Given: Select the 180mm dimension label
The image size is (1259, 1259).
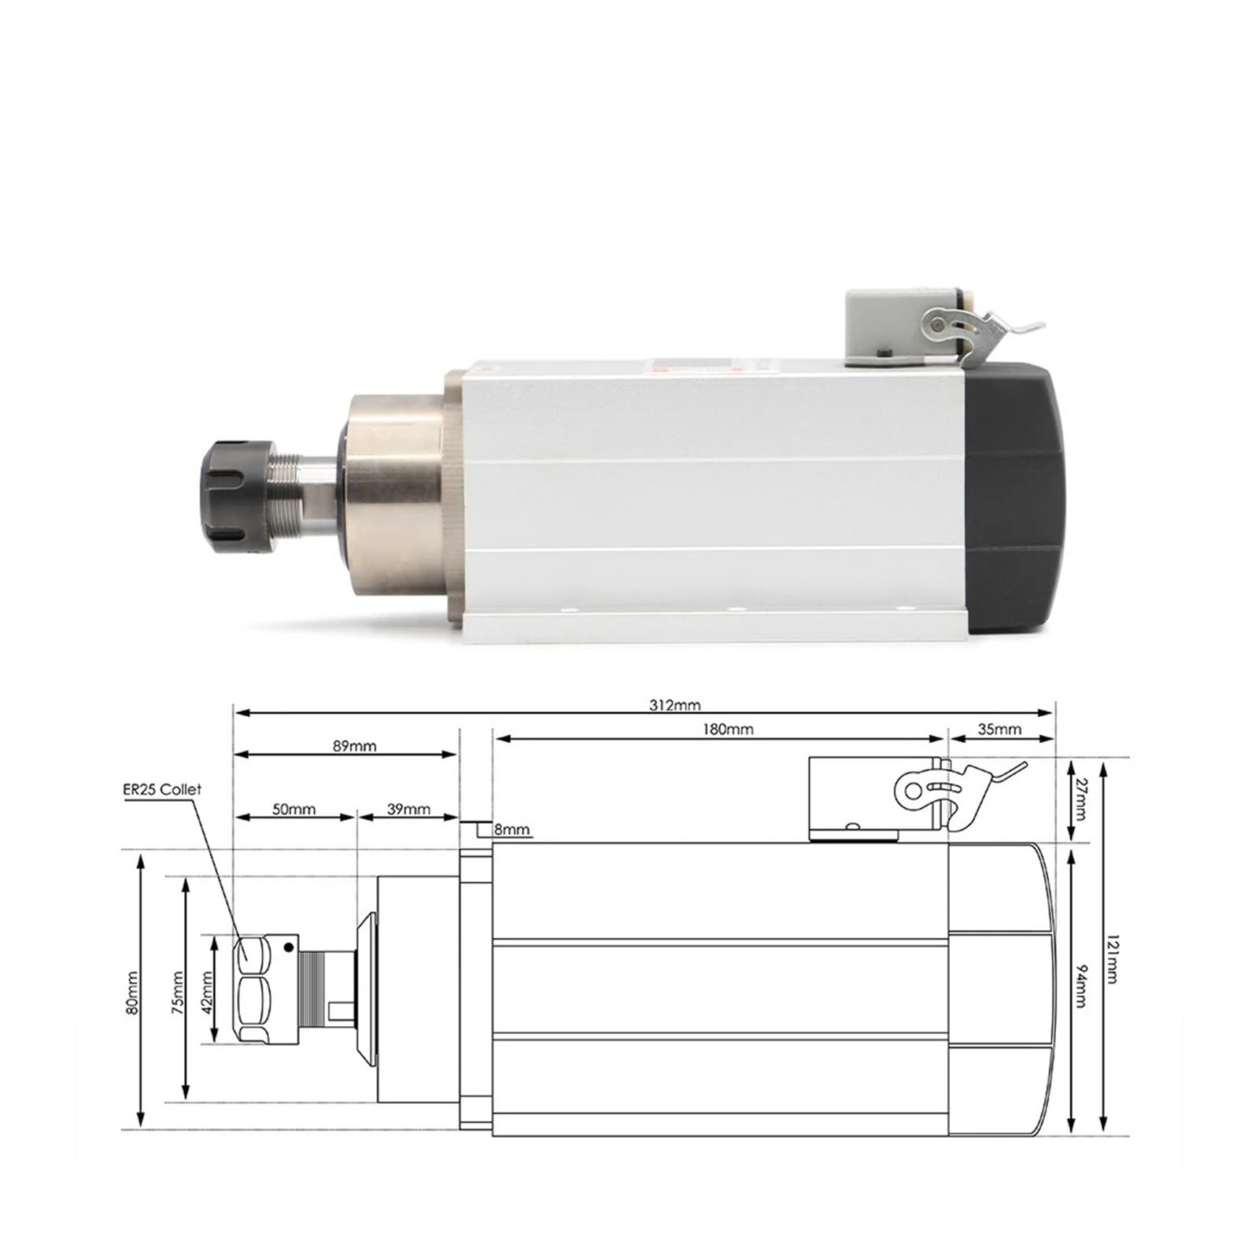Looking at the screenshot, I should click(728, 729).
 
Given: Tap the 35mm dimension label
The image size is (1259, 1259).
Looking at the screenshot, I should click(999, 729).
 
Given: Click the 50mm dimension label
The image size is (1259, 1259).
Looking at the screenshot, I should click(294, 809).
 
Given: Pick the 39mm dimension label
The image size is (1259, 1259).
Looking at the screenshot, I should click(408, 809).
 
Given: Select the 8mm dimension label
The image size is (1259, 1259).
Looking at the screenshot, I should click(511, 830).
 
